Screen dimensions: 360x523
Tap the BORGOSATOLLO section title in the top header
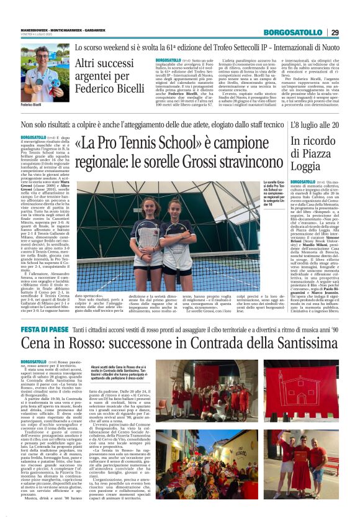click(292, 32)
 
